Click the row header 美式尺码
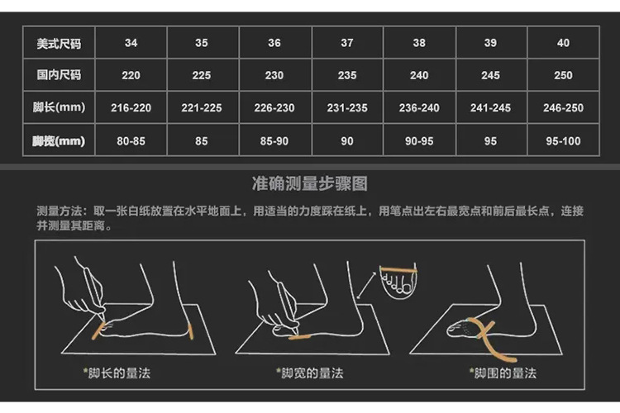59,43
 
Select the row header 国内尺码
59,75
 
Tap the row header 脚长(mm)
59,108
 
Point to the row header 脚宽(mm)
59,141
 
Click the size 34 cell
131,43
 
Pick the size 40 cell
563,43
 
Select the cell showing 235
346,75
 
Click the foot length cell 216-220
131,108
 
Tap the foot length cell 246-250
563,108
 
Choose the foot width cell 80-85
131,141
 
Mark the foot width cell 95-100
563,141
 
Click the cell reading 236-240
419,108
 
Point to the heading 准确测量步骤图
309,183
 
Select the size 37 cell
346,43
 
